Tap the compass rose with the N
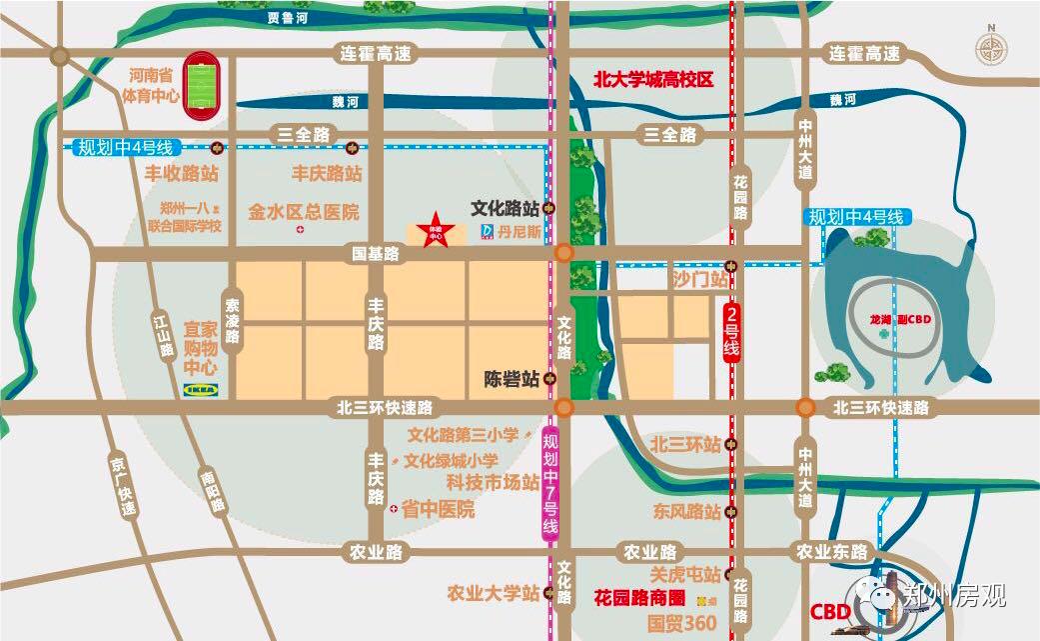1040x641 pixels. [x=991, y=47]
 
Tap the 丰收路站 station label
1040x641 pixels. [x=182, y=173]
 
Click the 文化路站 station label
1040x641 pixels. [x=505, y=209]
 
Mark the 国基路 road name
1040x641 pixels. [x=375, y=255]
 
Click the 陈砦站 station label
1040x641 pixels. [x=512, y=379]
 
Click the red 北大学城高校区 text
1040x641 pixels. [x=653, y=80]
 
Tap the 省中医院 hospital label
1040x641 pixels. [x=438, y=509]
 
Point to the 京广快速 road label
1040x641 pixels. [x=122, y=489]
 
